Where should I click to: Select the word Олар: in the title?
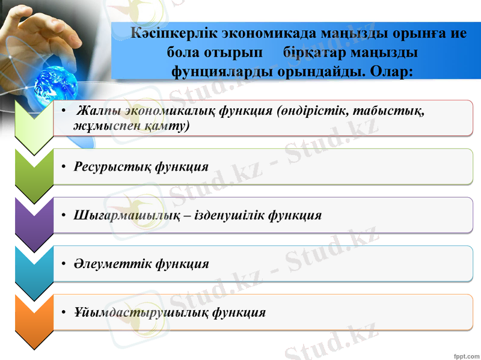pyautogui.click(x=391, y=72)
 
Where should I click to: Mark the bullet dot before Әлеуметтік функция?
pyautogui.click(x=63, y=264)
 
